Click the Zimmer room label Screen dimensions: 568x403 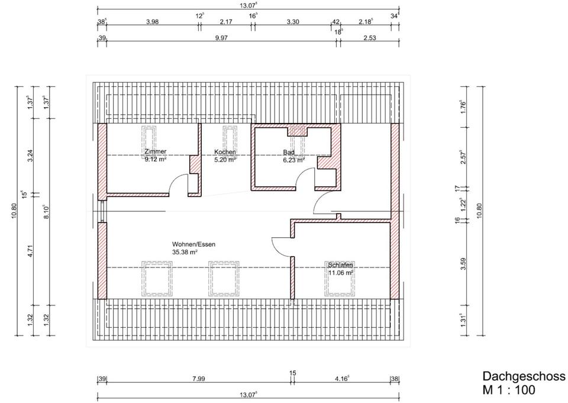point(156,151)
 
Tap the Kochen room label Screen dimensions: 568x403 point(225,152)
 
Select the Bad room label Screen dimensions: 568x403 point(289,152)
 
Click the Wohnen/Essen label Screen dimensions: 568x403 point(193,244)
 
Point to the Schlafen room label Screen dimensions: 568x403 point(341,265)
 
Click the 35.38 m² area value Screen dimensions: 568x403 point(185,252)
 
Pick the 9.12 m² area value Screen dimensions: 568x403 point(156,159)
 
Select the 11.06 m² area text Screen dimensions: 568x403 point(341,273)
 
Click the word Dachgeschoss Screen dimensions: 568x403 point(524,376)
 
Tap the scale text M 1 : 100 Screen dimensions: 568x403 point(509,390)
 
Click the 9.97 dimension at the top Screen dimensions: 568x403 point(221,38)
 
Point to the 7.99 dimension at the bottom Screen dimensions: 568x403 point(199,379)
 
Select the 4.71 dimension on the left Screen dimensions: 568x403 point(30,251)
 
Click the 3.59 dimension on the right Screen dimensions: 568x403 point(463,263)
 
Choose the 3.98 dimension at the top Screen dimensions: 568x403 point(153,22)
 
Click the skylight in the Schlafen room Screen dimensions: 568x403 point(340,278)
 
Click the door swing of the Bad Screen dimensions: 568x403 point(306,177)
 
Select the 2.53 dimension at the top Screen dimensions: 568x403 point(369,38)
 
